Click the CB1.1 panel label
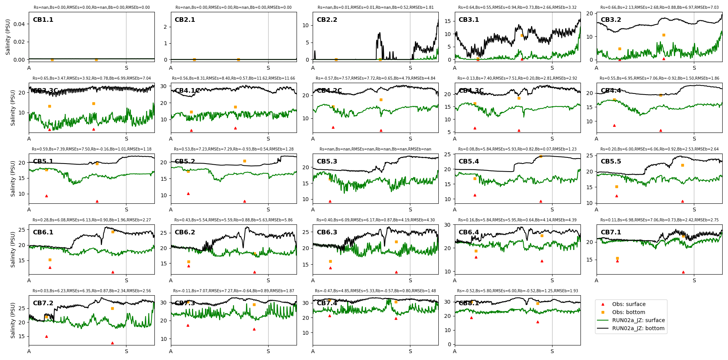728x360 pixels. point(43,20)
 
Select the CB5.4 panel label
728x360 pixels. point(469,162)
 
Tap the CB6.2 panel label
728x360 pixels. point(185,232)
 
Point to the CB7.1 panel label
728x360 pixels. point(611,232)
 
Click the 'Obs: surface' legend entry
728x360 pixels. point(628,304)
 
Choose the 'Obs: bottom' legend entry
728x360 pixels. point(628,312)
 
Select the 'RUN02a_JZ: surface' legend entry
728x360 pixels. point(638,320)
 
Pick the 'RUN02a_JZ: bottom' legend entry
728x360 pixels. point(638,328)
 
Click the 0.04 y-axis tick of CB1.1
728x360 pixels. point(19,24)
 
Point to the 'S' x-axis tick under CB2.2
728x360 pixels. point(410,68)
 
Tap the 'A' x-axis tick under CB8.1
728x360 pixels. point(455,351)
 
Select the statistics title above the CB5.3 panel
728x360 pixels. point(375,149)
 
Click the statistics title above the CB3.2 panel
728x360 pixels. point(659,8)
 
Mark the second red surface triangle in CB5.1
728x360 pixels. point(97,201)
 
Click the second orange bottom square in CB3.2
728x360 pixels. point(664,35)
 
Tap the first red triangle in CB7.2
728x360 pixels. point(46,336)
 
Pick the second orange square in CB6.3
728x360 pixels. point(396,242)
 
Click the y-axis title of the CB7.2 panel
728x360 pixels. point(13,320)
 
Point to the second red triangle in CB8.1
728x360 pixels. point(538,322)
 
